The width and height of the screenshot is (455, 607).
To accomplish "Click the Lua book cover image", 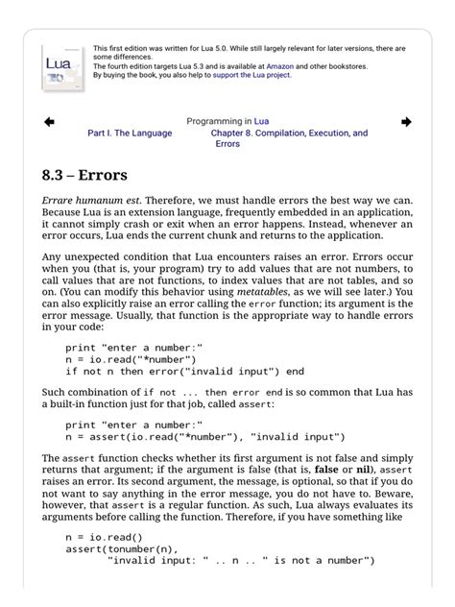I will pyautogui.click(x=62, y=66).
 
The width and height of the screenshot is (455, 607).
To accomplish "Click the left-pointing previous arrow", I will pyautogui.click(x=49, y=122).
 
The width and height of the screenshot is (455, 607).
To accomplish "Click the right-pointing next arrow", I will pyautogui.click(x=406, y=122).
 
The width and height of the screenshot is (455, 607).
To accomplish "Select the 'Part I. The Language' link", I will pyautogui.click(x=130, y=134).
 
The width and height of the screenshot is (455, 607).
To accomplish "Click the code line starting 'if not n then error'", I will pyautogui.click(x=184, y=371).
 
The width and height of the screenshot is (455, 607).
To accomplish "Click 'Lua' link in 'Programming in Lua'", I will pyautogui.click(x=261, y=122).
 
